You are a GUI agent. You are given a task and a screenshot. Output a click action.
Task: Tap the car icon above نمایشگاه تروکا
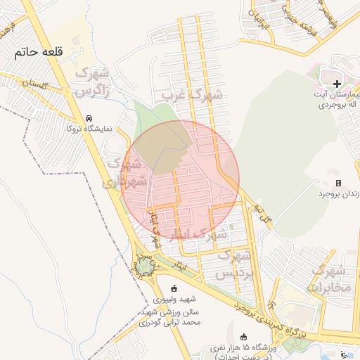click(x=89, y=118)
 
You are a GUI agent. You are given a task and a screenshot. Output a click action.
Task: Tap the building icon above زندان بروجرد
click(x=338, y=183)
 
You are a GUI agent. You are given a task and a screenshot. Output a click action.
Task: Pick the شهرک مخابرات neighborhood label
click(x=328, y=279)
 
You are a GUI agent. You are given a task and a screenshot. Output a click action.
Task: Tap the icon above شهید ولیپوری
click(x=174, y=288)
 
